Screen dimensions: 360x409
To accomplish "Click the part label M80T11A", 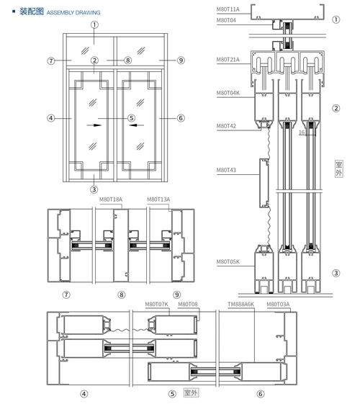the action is point(228,9).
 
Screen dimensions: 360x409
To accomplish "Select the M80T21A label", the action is point(228,60).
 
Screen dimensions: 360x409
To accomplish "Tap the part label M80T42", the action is point(226,126).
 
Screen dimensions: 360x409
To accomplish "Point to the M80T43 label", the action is point(226,170).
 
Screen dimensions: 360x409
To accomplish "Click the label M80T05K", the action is point(228,261).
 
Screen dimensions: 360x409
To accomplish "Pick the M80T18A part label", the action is point(111,199).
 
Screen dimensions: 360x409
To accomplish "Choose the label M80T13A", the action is point(158,199).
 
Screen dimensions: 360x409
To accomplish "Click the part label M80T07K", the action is point(156,304).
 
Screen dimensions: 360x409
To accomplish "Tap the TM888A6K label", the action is point(240,304).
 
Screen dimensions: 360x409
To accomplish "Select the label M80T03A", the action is point(278,304).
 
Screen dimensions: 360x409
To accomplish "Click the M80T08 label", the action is point(188,304).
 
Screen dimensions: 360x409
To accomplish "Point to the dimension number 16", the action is point(302,132).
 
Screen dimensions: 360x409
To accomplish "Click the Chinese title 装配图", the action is point(31,12).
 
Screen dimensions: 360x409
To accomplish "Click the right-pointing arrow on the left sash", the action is point(94,125).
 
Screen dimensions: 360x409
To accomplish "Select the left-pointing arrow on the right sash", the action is point(136,125).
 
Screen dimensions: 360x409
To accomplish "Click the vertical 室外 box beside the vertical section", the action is point(339,168).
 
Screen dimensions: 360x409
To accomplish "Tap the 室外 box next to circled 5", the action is point(192,393).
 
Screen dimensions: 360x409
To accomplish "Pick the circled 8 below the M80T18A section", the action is point(121,295).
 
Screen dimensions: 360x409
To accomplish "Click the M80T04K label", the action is point(228,93).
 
